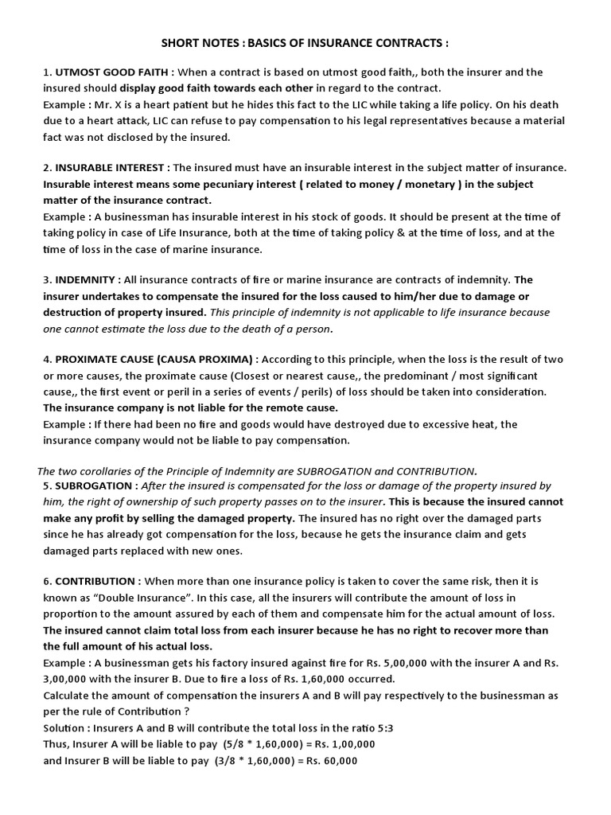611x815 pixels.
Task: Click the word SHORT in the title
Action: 182,42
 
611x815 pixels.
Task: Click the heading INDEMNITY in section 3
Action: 88,279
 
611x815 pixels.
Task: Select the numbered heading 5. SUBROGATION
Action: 94,485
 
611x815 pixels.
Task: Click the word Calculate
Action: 69,696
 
